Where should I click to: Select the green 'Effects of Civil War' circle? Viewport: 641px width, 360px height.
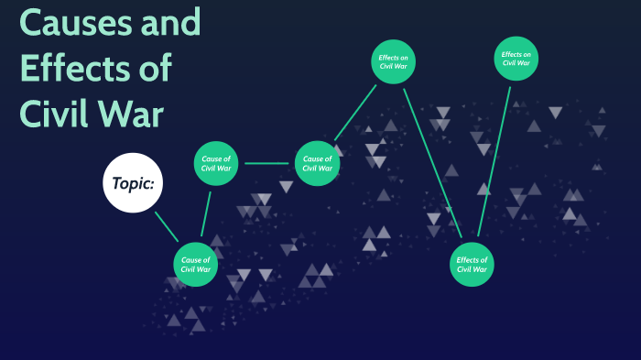[x=473, y=264]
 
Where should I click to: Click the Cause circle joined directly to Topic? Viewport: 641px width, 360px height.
[x=196, y=264]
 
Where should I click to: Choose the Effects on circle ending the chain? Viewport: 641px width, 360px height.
[x=516, y=60]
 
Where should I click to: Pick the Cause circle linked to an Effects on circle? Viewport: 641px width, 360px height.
[x=317, y=163]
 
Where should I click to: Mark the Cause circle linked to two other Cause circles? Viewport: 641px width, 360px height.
[x=216, y=163]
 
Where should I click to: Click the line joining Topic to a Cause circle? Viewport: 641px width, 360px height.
[x=166, y=225]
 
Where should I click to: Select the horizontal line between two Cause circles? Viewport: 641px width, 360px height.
[x=266, y=164]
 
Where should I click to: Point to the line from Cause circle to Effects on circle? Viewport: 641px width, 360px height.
[x=355, y=113]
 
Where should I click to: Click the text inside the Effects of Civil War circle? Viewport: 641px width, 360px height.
[x=473, y=264]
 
